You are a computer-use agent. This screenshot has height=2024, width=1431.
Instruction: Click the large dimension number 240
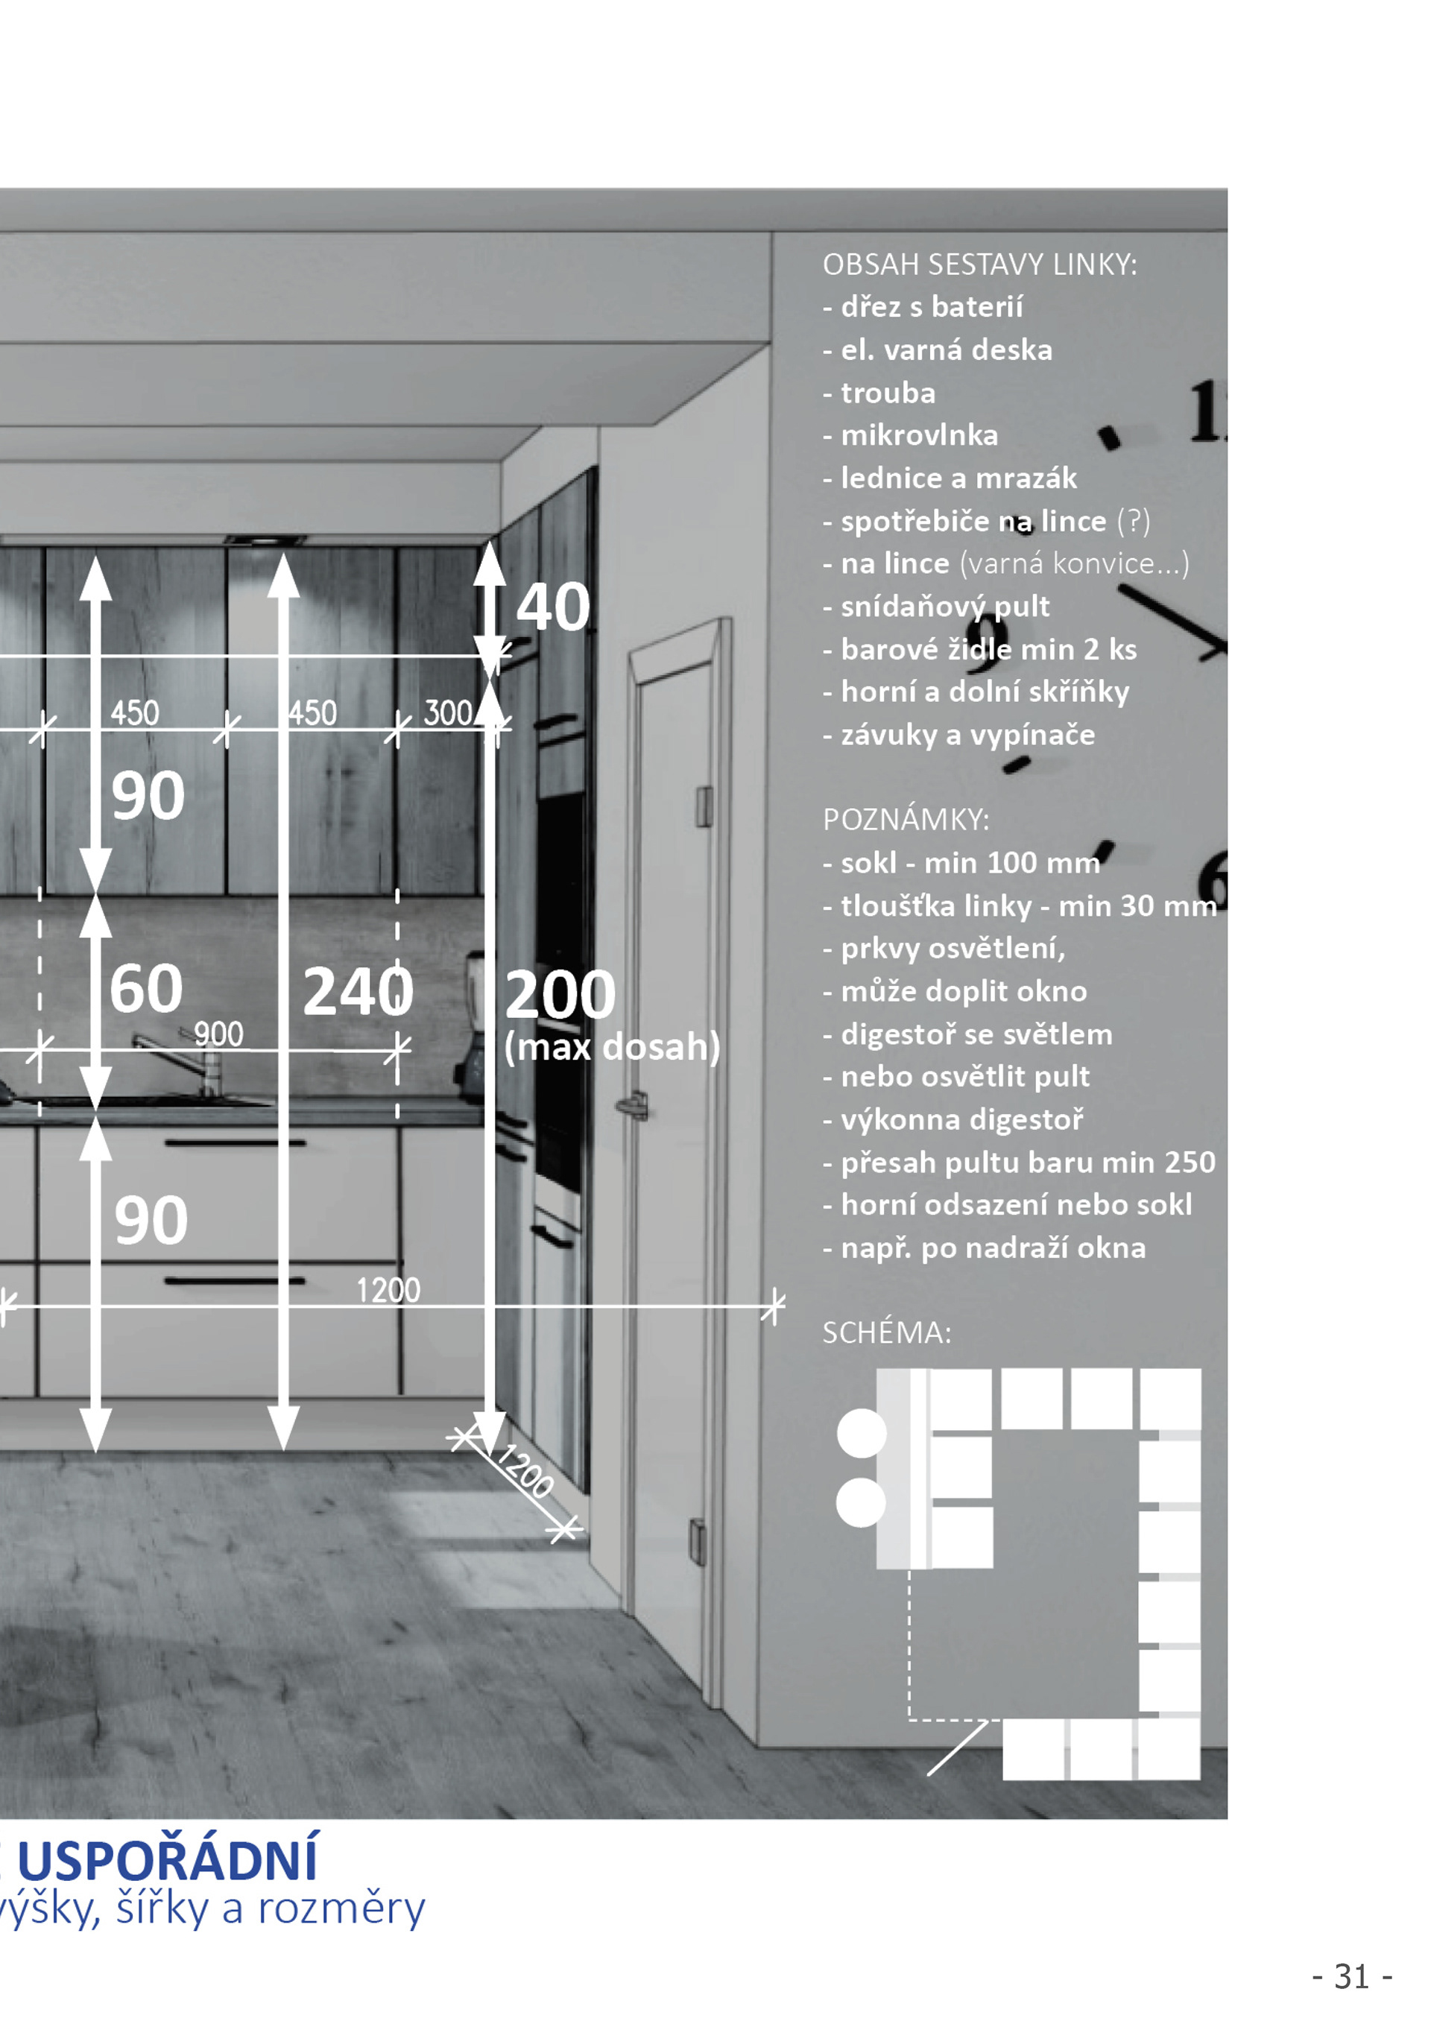click(x=357, y=993)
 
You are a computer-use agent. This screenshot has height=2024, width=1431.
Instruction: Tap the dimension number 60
click(x=146, y=988)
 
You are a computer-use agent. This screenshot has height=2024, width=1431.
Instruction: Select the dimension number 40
click(x=553, y=607)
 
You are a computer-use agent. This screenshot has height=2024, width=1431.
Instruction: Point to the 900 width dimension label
click(x=218, y=1034)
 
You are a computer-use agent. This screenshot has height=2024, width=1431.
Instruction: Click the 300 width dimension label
click(x=447, y=713)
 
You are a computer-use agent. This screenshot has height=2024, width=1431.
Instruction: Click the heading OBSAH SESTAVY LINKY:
click(x=979, y=265)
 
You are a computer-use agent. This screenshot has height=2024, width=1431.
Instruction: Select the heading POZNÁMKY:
click(x=906, y=820)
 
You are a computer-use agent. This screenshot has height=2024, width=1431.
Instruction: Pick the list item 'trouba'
click(x=887, y=393)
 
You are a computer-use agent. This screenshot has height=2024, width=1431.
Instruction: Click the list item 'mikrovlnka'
click(x=919, y=435)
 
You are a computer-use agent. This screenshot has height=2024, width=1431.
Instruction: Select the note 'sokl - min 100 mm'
click(x=969, y=863)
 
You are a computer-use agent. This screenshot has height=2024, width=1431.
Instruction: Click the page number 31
click(x=1352, y=1976)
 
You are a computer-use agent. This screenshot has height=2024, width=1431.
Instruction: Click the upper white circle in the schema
click(x=862, y=1432)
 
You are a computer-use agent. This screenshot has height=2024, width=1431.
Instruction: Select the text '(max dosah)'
click(x=612, y=1047)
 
